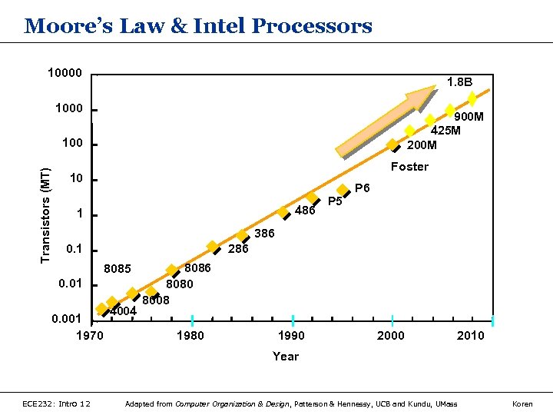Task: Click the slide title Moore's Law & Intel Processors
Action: pos(198,26)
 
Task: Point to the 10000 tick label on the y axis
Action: pos(65,73)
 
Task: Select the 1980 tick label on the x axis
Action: pos(190,336)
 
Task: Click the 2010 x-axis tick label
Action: pos(470,336)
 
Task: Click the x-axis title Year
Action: pos(286,356)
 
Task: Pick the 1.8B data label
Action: pos(460,81)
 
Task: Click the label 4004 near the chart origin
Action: pos(123,311)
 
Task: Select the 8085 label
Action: pos(118,269)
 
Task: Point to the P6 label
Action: pos(363,188)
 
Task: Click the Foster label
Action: pos(409,167)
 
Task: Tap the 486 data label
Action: pos(305,211)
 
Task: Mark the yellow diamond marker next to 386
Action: pos(242,235)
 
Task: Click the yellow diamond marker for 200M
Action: pos(392,144)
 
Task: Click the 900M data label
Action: pos(469,117)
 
